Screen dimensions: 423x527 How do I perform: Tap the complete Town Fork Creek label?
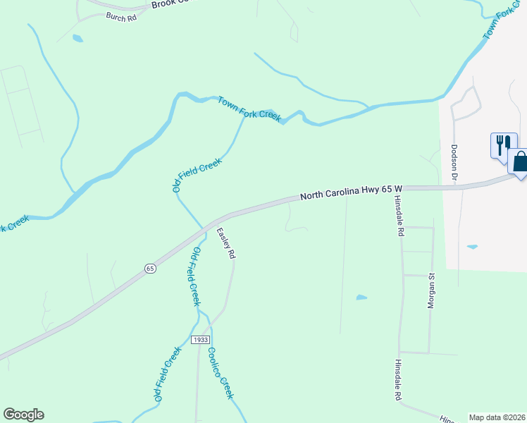[249, 109]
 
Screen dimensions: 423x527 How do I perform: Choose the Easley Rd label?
[225, 244]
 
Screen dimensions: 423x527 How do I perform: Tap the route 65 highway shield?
[150, 268]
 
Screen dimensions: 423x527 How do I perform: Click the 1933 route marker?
[200, 340]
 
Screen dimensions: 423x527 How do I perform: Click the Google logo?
[23, 415]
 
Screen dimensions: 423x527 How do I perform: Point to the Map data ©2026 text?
[497, 417]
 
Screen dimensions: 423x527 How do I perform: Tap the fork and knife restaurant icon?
[502, 145]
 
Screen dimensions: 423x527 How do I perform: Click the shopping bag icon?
[521, 161]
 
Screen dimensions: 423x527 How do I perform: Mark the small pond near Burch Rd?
[77, 38]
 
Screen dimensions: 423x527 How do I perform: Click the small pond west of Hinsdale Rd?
[361, 298]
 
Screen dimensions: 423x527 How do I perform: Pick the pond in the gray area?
[472, 247]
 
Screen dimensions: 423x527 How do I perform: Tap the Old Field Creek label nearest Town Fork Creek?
[197, 174]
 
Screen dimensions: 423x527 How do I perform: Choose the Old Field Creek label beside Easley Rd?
[192, 276]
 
